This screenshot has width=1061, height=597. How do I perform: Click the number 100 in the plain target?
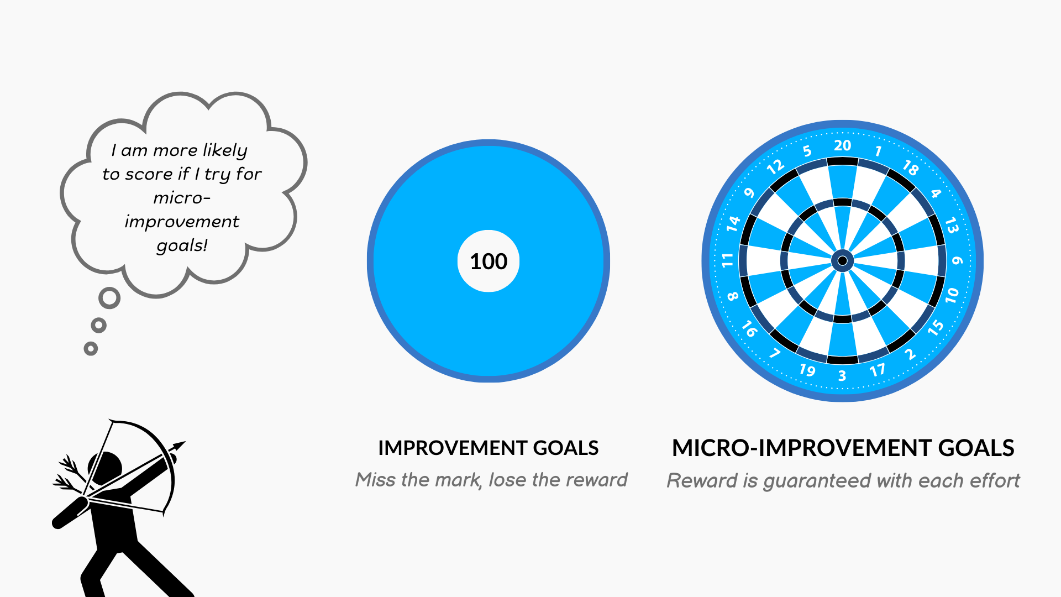coord(489,261)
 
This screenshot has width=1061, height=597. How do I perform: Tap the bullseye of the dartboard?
coord(843,260)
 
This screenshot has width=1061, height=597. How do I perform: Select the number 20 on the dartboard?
coord(842,145)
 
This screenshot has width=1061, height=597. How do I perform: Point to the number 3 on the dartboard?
coord(842,376)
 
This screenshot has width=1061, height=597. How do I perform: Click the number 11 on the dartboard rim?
coord(727,260)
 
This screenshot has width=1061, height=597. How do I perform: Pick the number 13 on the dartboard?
coord(952,226)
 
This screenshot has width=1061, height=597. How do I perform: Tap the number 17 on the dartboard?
coord(878,370)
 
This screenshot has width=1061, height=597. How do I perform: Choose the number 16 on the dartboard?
coord(749,329)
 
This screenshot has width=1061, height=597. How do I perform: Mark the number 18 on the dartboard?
coord(911,167)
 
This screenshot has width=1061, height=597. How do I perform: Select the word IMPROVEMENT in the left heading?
coord(453,448)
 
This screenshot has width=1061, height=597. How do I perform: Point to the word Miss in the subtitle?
coord(376,479)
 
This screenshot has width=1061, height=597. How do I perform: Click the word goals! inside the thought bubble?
coord(182,245)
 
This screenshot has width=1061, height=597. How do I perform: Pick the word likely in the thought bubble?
coord(225,150)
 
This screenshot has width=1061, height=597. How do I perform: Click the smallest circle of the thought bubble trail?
coord(91,348)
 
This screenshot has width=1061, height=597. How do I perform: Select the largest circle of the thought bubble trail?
coord(109,298)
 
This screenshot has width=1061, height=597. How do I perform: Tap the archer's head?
coord(106,466)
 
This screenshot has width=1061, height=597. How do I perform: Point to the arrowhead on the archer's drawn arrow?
coord(178,446)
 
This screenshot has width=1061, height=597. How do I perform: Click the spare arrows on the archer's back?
coord(69,474)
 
